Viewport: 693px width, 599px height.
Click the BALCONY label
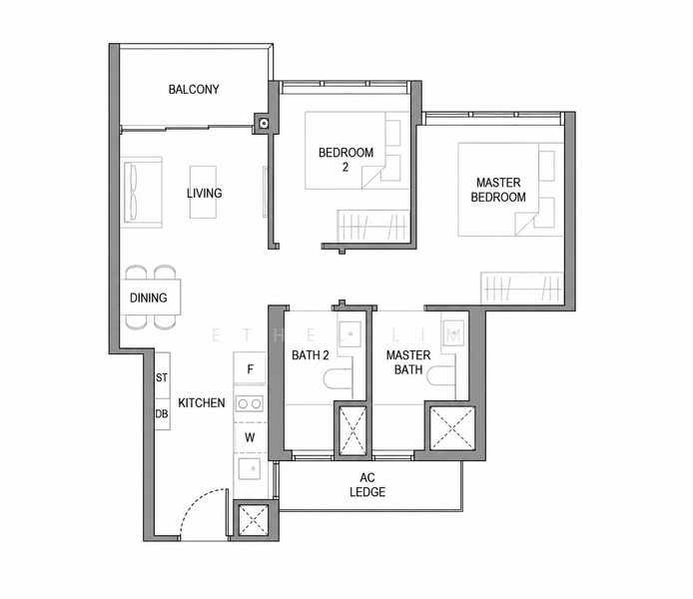pos(194,89)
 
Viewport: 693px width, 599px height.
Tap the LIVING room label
pos(204,193)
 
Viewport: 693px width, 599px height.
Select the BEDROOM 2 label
pos(346,160)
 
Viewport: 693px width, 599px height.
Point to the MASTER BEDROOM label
pos(498,190)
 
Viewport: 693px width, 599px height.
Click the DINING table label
pos(149,298)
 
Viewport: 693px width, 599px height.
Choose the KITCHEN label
pos(202,403)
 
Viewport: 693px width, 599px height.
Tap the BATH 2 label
pos(311,355)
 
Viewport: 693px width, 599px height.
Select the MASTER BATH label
pos(408,362)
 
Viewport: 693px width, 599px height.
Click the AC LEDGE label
pos(367,484)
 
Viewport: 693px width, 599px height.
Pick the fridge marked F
pos(251,368)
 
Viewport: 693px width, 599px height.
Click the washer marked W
pos(251,437)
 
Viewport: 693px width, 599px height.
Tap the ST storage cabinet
pos(162,376)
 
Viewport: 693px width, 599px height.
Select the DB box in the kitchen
pos(162,414)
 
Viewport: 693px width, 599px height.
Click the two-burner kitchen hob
pos(251,403)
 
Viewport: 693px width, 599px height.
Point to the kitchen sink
pos(251,468)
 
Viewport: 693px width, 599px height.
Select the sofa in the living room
pos(142,192)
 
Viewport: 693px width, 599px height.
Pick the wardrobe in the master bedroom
pos(522,288)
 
